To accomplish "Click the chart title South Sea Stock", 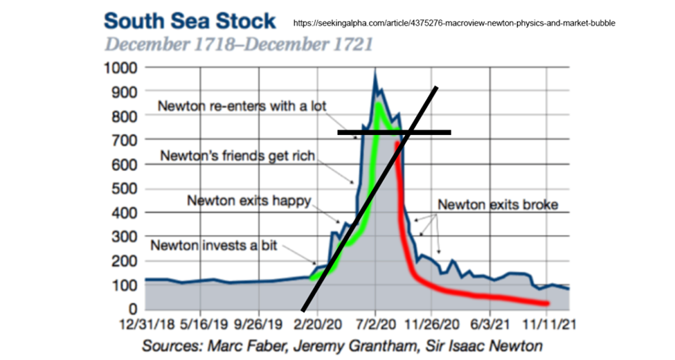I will coord(190,21).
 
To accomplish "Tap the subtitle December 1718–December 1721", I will coord(239,46).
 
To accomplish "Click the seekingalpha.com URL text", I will coord(454,23).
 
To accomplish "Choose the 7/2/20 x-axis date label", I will coord(375,324).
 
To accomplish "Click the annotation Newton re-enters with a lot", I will coord(242,107).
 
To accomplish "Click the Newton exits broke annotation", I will coord(498,205).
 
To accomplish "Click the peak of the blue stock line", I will coord(375,71).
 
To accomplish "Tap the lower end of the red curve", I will coord(548,303).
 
